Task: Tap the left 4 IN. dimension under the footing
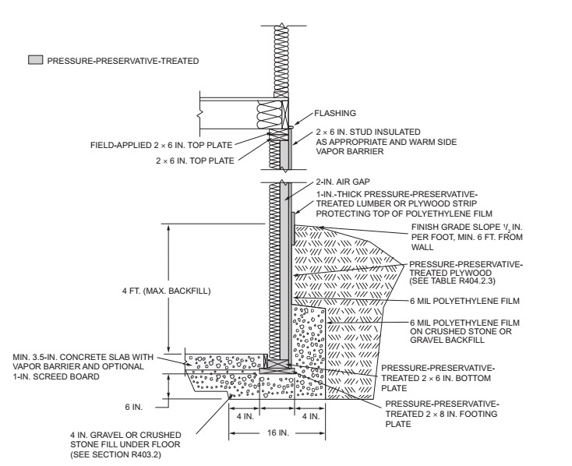coord(242,415)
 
